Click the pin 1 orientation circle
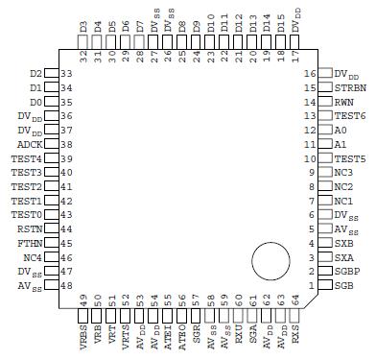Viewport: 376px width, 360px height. pyautogui.click(x=271, y=262)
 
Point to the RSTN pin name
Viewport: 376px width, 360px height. pyautogui.click(x=29, y=229)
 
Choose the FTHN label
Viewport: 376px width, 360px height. pyautogui.click(x=29, y=244)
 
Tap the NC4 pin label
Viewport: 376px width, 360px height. pyautogui.click(x=32, y=257)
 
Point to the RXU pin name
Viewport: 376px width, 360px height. pyautogui.click(x=239, y=330)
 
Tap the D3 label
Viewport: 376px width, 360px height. pyautogui.click(x=83, y=25)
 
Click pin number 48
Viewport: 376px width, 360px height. pyautogui.click(x=67, y=286)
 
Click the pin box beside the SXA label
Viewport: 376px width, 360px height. pyautogui.click(x=324, y=257)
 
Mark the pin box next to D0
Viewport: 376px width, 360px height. pyautogui.click(x=52, y=101)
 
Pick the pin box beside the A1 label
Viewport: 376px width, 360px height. pyautogui.click(x=324, y=144)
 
